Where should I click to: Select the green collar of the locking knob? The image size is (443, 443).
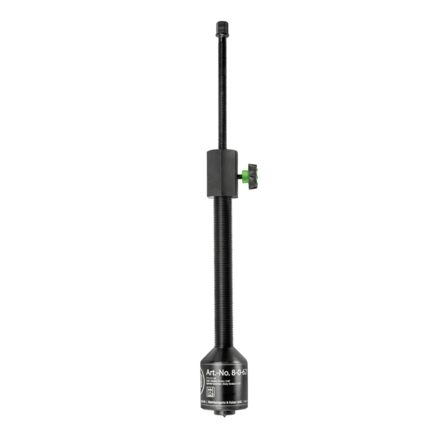coord(244,177)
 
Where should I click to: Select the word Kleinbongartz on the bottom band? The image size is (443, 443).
coord(217,402)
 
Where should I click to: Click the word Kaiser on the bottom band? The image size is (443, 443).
coord(233,402)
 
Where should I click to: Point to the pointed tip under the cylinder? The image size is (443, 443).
coord(224,417)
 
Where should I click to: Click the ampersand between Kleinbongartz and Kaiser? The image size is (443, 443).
coord(227,402)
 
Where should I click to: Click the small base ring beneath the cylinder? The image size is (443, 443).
coord(224,413)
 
